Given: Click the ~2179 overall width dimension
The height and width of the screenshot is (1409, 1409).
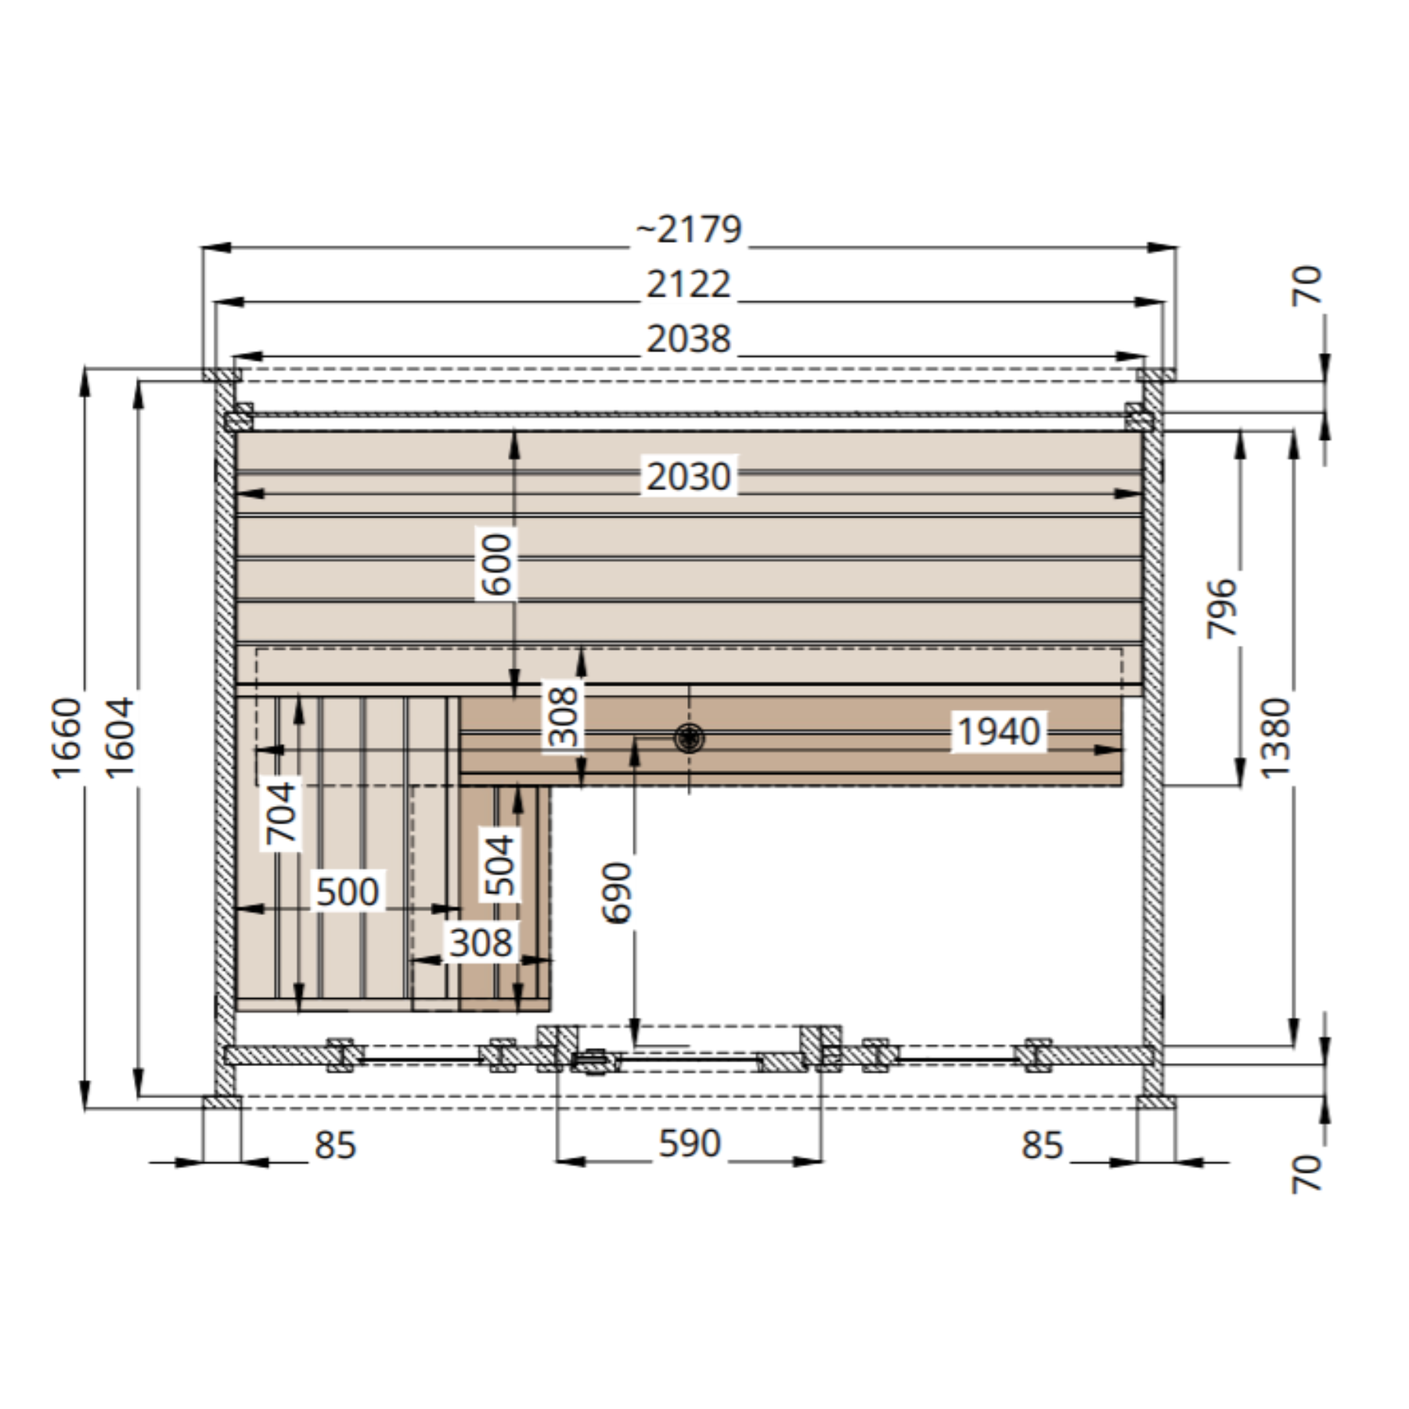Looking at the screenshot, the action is tap(688, 229).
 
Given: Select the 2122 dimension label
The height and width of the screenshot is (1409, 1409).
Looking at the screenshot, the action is tap(688, 284).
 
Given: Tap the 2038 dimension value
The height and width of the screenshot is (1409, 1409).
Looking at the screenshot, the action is tap(688, 339).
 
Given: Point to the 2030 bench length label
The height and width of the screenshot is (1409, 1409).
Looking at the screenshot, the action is tap(688, 476).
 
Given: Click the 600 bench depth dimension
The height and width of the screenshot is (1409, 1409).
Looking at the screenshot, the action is tap(497, 564).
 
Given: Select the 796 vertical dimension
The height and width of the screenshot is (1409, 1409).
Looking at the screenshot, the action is tap(1222, 608).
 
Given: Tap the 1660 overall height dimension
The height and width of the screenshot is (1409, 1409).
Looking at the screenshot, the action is tap(67, 738).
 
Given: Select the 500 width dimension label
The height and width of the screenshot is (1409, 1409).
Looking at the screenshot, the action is tap(347, 892).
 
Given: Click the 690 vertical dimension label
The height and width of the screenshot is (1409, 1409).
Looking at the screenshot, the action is tap(616, 893).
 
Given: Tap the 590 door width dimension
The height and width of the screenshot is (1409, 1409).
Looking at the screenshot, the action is tap(689, 1144).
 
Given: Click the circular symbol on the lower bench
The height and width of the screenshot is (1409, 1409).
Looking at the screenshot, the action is tap(689, 737).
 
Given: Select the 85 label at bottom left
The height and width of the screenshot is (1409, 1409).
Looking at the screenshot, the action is tap(335, 1145).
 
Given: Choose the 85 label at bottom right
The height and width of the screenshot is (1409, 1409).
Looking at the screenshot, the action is tap(1042, 1145).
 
